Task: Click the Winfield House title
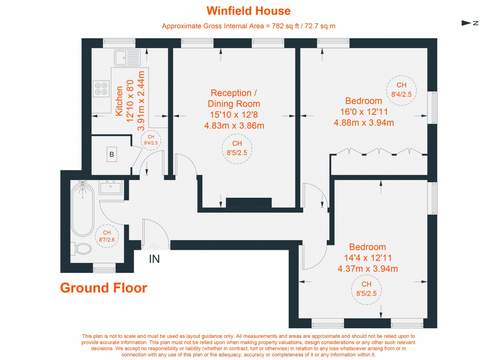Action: (x=248, y=11)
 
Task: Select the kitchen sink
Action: (x=127, y=58)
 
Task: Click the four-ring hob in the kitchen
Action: (x=101, y=88)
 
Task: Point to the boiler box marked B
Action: (x=112, y=154)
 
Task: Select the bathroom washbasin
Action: (x=111, y=187)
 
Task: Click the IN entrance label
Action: (x=154, y=259)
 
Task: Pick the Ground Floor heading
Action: (x=103, y=288)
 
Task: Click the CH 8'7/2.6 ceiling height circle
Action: (x=107, y=236)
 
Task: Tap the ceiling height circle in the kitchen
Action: (x=151, y=140)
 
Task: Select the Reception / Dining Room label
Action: (x=234, y=98)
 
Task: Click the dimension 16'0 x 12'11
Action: (x=364, y=112)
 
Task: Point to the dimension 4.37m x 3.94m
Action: (x=368, y=269)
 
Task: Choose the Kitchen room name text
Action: (x=119, y=101)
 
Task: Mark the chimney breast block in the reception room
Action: (x=248, y=202)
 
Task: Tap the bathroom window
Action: (x=104, y=268)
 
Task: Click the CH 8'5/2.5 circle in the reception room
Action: (x=237, y=148)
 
